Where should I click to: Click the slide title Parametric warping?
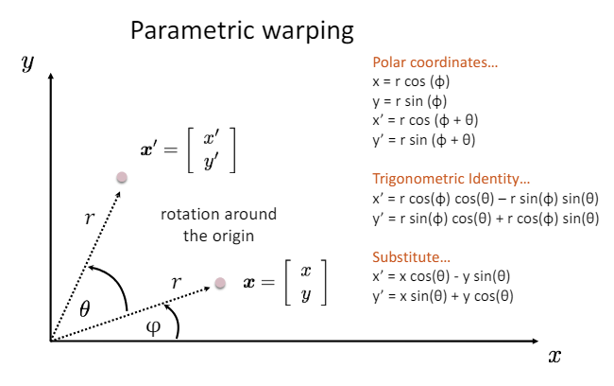click(242, 30)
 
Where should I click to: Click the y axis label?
click(27, 62)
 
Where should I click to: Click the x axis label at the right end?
click(554, 356)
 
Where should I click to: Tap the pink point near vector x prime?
click(121, 177)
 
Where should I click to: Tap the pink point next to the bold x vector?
click(220, 282)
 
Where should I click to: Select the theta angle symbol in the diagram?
click(84, 307)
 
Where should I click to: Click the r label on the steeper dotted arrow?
click(90, 219)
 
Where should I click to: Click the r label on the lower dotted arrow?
click(175, 281)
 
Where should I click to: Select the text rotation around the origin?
click(217, 224)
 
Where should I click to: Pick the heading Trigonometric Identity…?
click(452, 179)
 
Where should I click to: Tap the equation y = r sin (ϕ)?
click(411, 101)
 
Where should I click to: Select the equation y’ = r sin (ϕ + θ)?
click(424, 140)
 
